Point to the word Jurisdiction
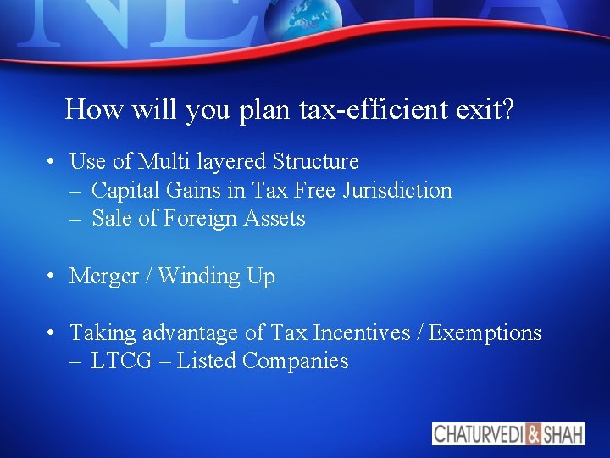(397, 190)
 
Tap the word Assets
(274, 219)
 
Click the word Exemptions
(485, 333)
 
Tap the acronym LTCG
(122, 361)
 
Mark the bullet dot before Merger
(53, 276)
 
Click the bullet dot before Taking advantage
(53, 333)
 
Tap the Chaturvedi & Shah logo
(508, 433)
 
